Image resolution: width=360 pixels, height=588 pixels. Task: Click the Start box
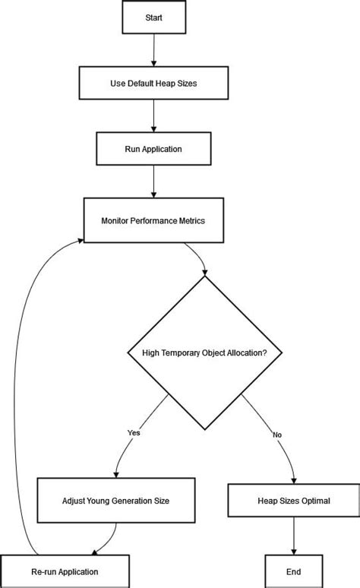(153, 17)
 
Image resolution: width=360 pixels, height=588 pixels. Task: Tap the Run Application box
(153, 149)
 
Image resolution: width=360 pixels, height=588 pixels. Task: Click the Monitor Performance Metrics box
(153, 220)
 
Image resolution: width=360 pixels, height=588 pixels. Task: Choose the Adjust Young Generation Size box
(115, 501)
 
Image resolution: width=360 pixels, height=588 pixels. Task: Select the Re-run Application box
(64, 571)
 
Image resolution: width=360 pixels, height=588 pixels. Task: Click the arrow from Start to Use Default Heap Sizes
(153, 49)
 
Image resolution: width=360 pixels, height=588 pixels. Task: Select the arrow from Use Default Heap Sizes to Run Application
(153, 116)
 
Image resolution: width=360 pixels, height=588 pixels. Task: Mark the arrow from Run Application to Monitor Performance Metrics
(153, 182)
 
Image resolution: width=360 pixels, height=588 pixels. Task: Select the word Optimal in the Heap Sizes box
(314, 501)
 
